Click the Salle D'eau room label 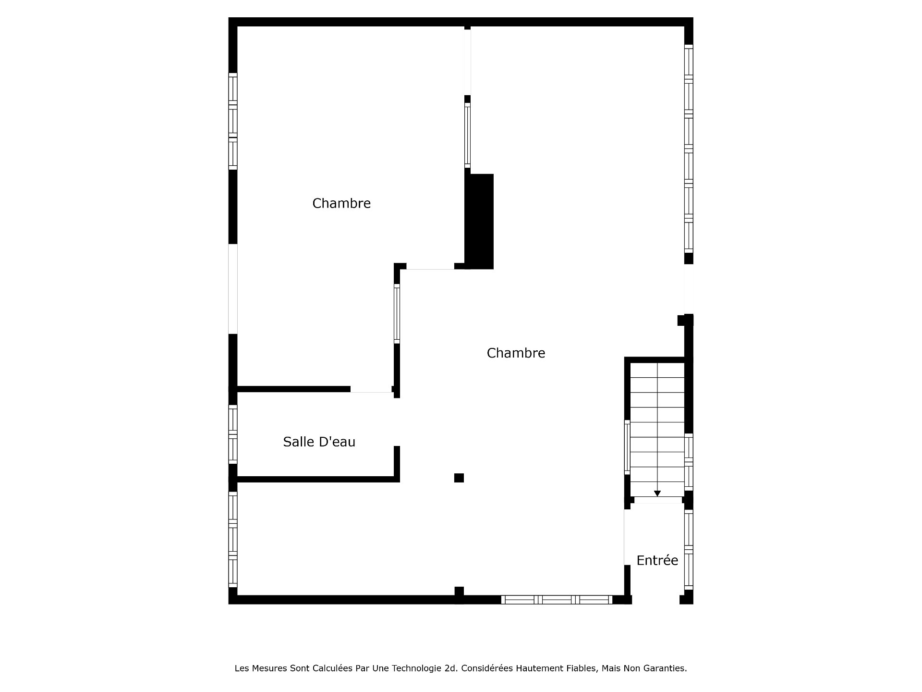[x=319, y=442]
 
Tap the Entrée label [x=657, y=560]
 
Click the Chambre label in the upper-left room [x=341, y=203]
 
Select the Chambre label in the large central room [x=516, y=353]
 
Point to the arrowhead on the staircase [x=657, y=494]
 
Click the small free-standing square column [x=459, y=478]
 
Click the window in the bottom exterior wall [x=557, y=600]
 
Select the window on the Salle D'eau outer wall [x=233, y=434]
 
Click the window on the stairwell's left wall [x=627, y=447]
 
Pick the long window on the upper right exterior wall [x=689, y=148]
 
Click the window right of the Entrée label [x=689, y=549]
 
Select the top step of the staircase [x=657, y=370]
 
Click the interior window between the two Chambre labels [x=397, y=314]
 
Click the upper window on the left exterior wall [x=233, y=121]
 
